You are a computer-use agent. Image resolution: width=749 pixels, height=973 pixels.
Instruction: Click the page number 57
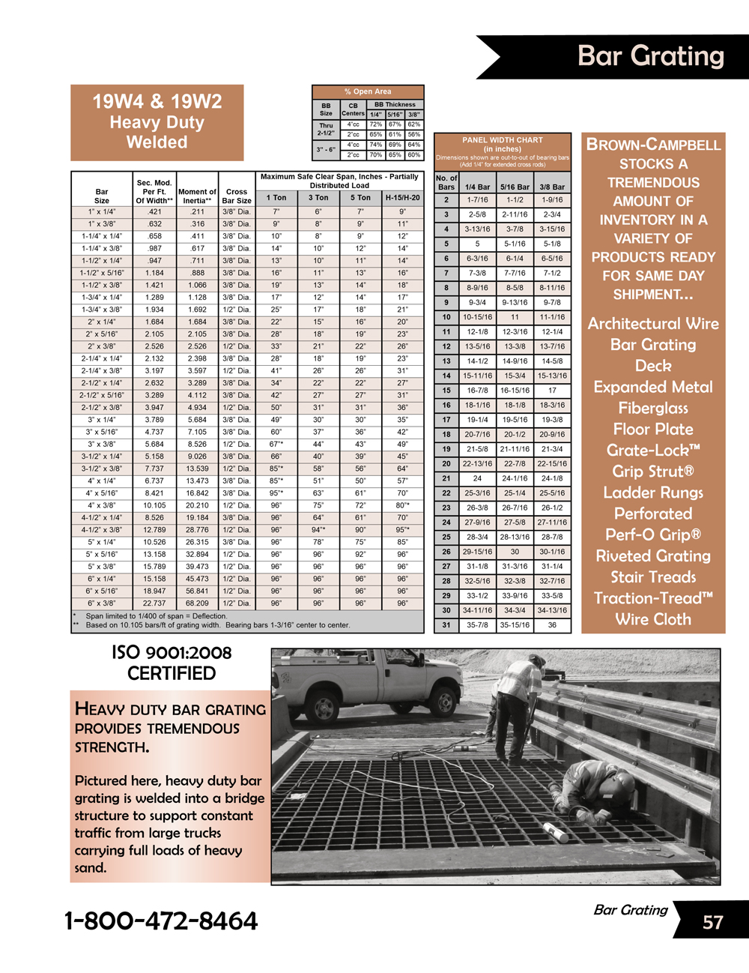coord(712,922)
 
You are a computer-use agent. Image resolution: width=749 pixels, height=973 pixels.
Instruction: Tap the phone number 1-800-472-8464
coord(161,921)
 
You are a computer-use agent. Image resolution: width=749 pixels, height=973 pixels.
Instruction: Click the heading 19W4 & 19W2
coord(157,102)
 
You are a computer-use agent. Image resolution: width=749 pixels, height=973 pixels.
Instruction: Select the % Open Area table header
coord(368,91)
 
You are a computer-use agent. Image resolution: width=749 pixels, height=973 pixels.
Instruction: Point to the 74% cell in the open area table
coord(375,145)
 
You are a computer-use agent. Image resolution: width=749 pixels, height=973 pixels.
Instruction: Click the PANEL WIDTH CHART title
coord(502,140)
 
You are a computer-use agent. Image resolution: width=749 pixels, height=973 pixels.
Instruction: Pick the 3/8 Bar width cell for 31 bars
coord(552,625)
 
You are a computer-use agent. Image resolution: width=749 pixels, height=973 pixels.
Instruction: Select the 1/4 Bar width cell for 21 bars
coord(477,478)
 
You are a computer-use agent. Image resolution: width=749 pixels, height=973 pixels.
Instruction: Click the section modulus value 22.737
coord(154,603)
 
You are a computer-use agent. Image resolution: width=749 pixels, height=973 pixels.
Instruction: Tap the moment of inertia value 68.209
coord(197,603)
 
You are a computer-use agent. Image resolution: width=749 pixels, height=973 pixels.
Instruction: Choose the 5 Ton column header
coord(360,198)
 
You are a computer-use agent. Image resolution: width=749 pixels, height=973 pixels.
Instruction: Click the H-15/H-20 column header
coord(402,198)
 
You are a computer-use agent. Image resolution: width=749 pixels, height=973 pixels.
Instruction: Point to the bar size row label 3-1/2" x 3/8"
coord(102,469)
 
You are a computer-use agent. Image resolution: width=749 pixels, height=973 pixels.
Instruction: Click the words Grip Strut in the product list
coord(652,472)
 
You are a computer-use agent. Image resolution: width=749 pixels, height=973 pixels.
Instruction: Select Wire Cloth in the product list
coord(652,619)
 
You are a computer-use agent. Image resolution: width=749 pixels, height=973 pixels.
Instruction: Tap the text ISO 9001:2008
coord(172,653)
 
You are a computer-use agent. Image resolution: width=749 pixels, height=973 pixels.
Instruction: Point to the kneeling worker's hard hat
coord(621,783)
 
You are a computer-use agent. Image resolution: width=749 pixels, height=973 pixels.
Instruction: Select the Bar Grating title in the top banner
coord(651,56)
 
